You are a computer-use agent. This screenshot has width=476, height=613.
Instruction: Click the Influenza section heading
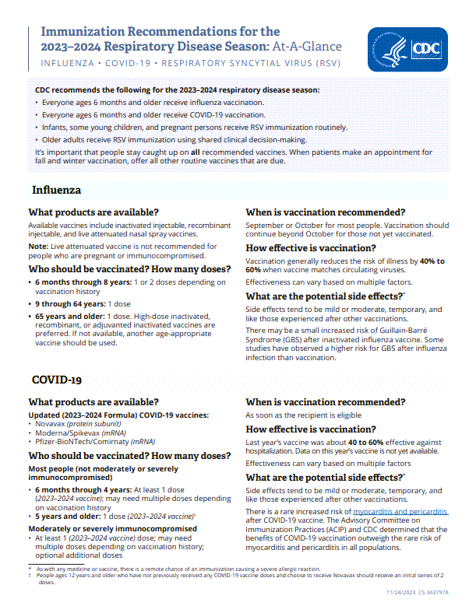click(57, 191)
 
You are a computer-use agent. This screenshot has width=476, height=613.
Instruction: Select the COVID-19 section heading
click(57, 380)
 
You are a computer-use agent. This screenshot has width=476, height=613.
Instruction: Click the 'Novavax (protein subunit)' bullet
click(73, 424)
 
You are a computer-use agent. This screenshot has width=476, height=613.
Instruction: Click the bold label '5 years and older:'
click(68, 516)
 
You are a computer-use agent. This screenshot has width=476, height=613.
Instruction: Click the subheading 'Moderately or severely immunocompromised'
click(112, 528)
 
